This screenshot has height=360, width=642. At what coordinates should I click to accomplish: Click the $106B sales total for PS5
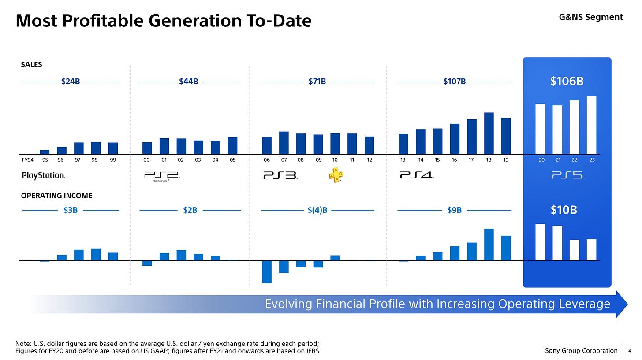(x=567, y=82)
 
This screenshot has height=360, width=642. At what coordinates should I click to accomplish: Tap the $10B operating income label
(x=564, y=210)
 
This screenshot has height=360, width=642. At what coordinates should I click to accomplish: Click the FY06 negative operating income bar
(x=267, y=271)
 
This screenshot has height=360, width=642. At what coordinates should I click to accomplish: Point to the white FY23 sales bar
(x=591, y=125)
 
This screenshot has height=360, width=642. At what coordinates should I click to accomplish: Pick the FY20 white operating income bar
(x=540, y=242)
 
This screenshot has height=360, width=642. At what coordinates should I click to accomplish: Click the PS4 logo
(x=416, y=175)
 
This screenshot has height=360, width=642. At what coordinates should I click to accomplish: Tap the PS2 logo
(x=162, y=177)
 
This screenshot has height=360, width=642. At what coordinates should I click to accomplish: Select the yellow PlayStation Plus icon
(x=335, y=175)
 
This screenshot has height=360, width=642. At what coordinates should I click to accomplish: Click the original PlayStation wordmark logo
(x=43, y=175)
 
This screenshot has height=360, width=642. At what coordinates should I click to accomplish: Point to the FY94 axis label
(x=27, y=160)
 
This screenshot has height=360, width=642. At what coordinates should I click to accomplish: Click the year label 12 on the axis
(x=369, y=160)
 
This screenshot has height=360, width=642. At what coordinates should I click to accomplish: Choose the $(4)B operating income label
(x=317, y=211)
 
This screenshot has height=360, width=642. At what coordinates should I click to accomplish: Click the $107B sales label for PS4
(x=455, y=82)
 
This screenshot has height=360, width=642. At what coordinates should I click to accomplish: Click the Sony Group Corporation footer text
(x=581, y=351)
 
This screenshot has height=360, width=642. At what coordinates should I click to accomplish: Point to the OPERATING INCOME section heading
(x=57, y=196)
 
